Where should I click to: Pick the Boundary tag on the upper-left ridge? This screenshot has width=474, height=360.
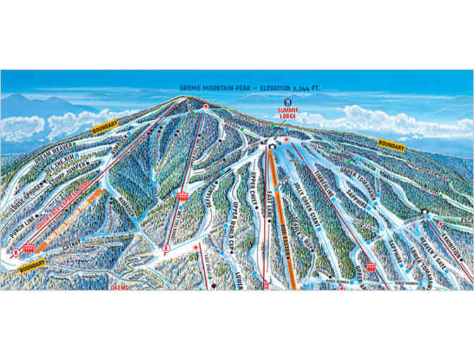pos(105,128)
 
